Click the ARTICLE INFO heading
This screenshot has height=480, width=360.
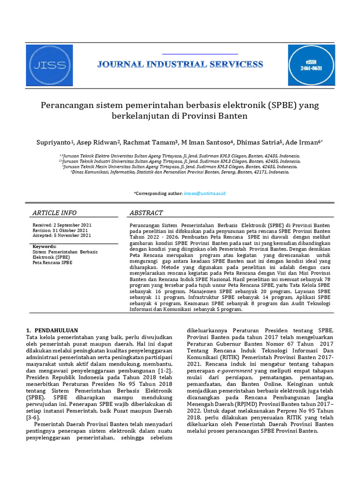point(54,213)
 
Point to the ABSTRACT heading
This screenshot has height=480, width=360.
point(146,213)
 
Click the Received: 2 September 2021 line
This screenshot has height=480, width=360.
point(62,225)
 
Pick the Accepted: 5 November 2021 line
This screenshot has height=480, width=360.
point(61,236)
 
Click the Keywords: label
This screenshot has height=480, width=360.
point(45,247)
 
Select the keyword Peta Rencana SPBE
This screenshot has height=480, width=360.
point(52,263)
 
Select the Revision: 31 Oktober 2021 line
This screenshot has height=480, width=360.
point(60,231)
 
